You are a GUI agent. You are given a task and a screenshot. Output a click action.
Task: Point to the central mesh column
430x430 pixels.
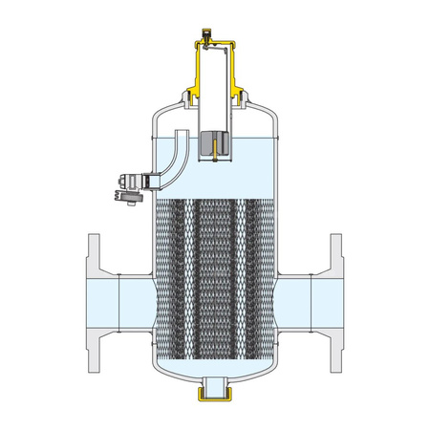214,277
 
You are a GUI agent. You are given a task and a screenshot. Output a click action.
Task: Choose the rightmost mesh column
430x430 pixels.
255,277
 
